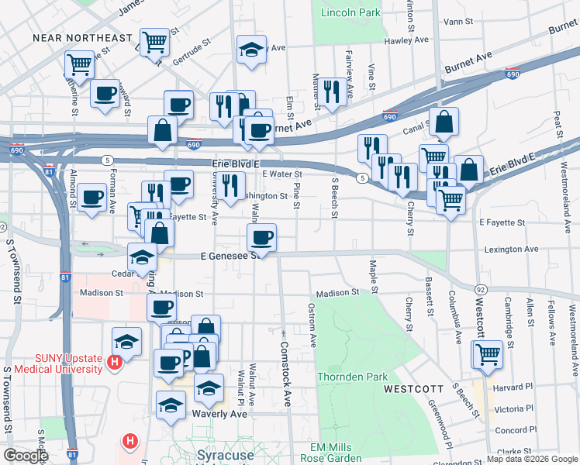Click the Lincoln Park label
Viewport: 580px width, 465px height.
point(350,12)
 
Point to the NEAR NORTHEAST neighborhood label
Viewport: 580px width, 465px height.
point(82,37)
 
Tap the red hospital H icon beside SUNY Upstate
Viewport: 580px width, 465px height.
point(116,362)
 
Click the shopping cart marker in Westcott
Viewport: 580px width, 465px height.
point(488,354)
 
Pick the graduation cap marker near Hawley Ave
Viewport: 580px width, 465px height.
point(250,50)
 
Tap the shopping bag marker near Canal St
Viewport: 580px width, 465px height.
point(444,122)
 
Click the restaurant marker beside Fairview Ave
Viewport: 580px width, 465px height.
point(332,92)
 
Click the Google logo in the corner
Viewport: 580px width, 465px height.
point(26,456)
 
